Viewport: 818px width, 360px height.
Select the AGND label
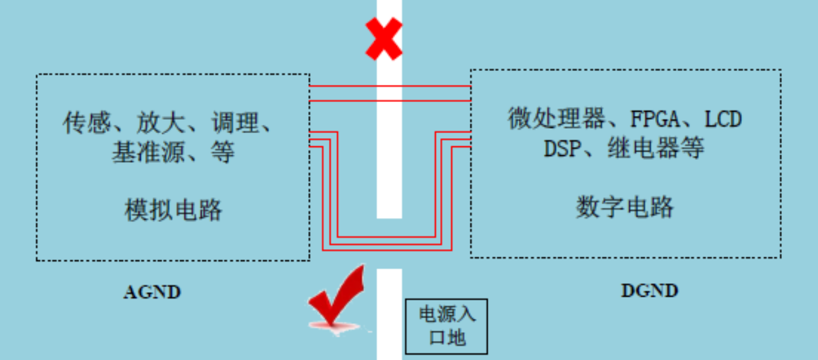coord(152,292)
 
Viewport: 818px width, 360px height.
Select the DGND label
coord(649,291)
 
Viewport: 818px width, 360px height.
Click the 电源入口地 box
coord(446,326)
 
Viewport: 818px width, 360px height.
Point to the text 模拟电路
coord(173,210)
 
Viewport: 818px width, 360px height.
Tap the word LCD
coord(723,119)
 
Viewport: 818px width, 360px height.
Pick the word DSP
coord(562,149)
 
